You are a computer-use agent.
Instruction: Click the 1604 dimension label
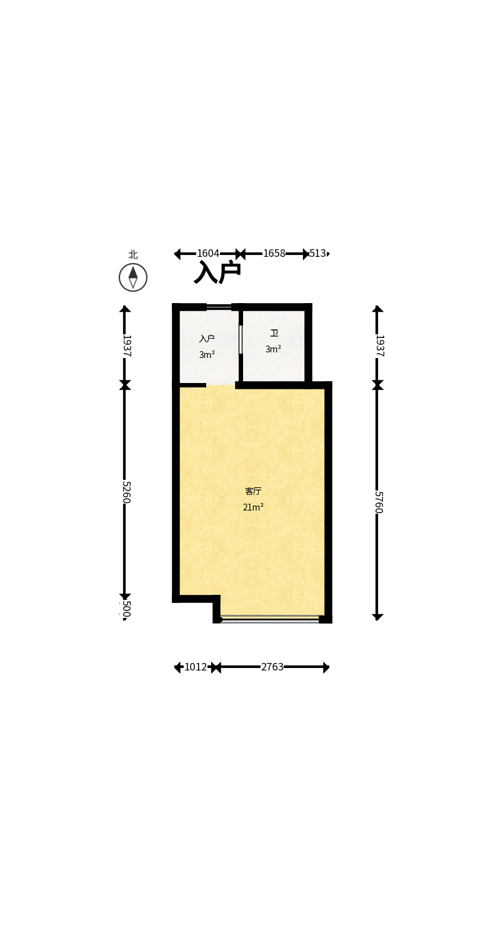coord(208,253)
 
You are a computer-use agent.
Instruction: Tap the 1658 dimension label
coord(274,253)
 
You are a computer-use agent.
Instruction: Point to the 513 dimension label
coord(318,253)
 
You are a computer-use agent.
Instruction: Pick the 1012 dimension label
coord(196,667)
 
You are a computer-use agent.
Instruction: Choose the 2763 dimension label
coord(272,667)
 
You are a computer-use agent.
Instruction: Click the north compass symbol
coord(133,277)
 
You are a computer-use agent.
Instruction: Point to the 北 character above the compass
coord(132,254)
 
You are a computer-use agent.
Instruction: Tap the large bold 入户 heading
coord(217,272)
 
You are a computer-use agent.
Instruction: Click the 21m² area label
coord(253,507)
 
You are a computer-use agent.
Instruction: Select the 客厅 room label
coord(253,491)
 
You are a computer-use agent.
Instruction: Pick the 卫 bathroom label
coord(274,333)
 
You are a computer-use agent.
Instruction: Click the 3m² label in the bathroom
coord(273,349)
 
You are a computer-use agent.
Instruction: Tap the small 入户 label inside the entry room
coord(207,339)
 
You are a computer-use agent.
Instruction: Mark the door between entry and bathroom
coord(241,339)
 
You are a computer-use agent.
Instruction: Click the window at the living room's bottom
coord(271,619)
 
